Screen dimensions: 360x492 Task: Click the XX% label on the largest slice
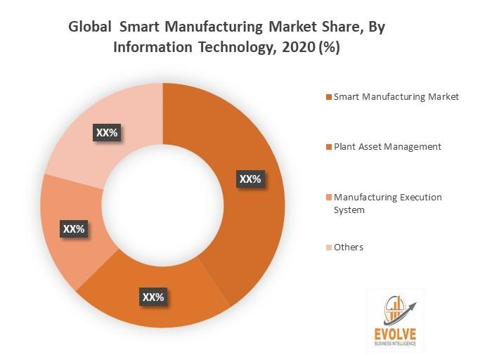[250, 179]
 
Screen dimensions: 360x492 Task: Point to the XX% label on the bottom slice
[153, 297]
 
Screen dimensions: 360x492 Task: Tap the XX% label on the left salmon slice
[74, 229]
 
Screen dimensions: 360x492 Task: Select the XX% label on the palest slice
[108, 131]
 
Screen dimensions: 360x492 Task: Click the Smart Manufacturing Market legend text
[396, 96]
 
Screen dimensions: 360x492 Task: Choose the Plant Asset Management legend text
[387, 146]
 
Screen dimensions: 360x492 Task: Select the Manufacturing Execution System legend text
[388, 202]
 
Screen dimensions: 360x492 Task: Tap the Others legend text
[349, 247]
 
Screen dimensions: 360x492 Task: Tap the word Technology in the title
[212, 49]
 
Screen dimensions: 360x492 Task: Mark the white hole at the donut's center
[163, 204]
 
